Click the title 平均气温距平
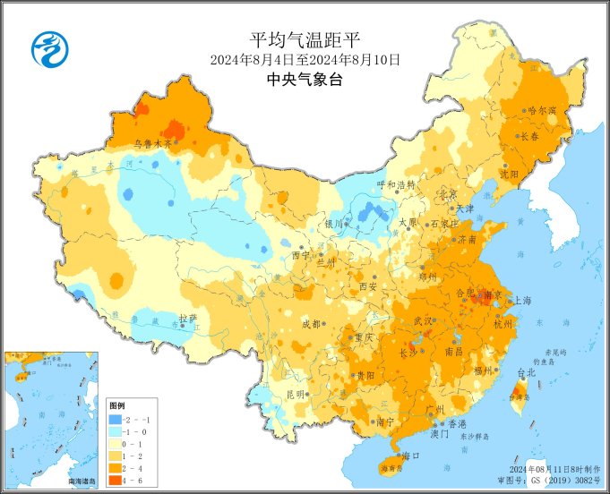point(305,40)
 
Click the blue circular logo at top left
point(51,48)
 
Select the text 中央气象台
point(305,79)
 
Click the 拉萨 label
point(187,318)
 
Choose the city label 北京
point(448,193)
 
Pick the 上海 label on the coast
point(523,302)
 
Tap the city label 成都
point(311,323)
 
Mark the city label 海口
point(411,456)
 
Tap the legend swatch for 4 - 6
point(115,481)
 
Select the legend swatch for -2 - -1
point(115,419)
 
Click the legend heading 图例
point(117,405)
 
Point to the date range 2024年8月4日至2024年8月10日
point(305,60)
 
